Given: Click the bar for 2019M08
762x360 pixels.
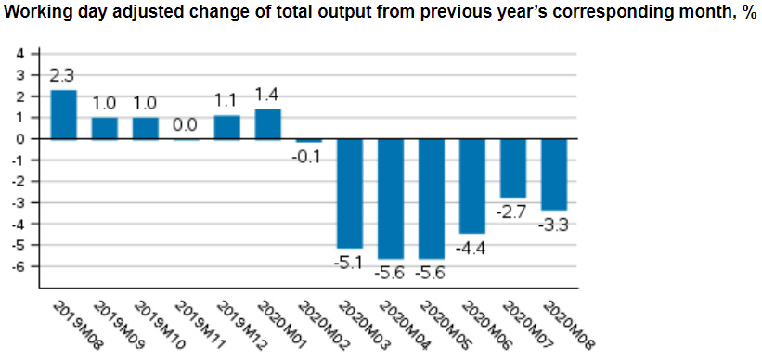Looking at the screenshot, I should [x=63, y=114].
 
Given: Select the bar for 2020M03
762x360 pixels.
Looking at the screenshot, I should [x=349, y=194].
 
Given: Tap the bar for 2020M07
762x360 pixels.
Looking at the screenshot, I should [x=512, y=168].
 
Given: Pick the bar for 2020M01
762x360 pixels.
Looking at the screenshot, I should [x=267, y=124].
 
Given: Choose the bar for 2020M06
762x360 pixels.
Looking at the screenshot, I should [x=471, y=186].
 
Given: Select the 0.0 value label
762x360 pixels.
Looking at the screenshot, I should [x=186, y=125].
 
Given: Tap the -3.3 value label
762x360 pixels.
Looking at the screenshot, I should [x=553, y=225].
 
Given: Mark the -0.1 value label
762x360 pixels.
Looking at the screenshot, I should [x=308, y=156].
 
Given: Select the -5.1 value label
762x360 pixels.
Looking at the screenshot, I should [x=349, y=263].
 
